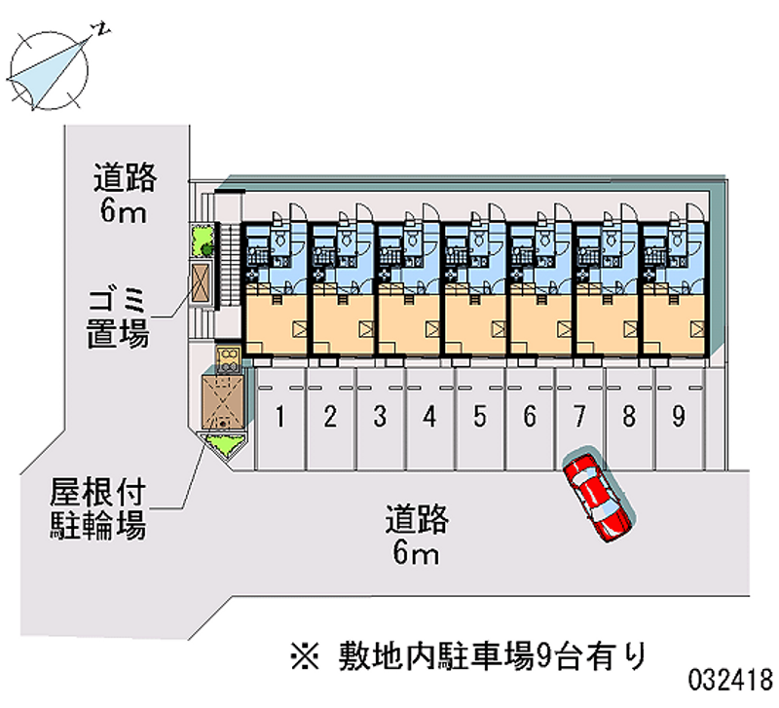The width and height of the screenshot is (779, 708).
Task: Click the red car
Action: coord(597,495)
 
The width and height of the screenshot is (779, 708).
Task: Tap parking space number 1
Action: coord(280,418)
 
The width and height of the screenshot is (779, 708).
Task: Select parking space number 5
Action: coord(480,418)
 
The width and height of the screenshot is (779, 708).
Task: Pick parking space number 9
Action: coord(679,418)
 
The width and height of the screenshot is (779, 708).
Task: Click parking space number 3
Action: coord(380,418)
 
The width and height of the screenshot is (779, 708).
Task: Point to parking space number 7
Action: coord(579,418)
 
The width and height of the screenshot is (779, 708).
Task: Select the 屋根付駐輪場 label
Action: coord(97,508)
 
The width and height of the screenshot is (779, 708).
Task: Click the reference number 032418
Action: coord(731,679)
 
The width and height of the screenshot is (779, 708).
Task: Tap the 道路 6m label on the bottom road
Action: coord(416,536)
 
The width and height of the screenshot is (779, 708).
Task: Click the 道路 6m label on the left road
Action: coord(124,194)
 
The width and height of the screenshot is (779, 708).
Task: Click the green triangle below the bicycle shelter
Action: coord(224,447)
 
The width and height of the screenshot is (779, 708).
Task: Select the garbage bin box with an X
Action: coord(202,283)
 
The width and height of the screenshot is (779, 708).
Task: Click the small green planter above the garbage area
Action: coord(202,239)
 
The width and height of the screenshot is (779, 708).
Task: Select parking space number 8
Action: coord(629,418)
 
